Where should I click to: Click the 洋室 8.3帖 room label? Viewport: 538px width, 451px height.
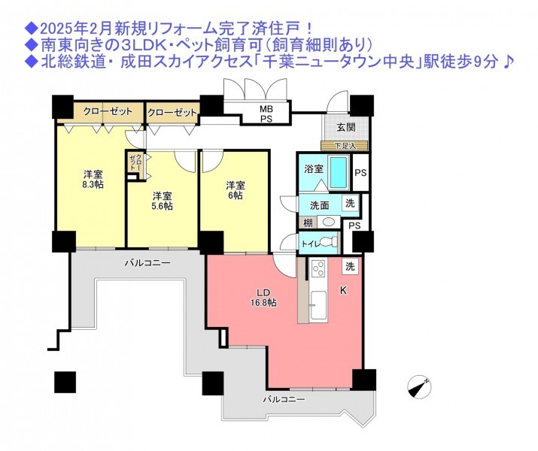pyautogui.click(x=93, y=179)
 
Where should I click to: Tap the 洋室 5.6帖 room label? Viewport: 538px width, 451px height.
pyautogui.click(x=163, y=201)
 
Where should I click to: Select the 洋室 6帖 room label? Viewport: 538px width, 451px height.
pyautogui.click(x=235, y=190)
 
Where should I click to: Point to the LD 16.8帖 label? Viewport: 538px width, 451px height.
pyautogui.click(x=263, y=298)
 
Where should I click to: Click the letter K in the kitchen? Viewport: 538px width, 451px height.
pyautogui.click(x=343, y=291)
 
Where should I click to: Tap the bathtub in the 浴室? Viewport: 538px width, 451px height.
pyautogui.click(x=339, y=172)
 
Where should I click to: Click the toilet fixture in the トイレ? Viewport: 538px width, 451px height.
pyautogui.click(x=330, y=243)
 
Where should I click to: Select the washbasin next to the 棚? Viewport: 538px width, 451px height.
pyautogui.click(x=328, y=222)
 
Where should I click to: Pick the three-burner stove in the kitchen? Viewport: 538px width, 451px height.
pyautogui.click(x=318, y=268)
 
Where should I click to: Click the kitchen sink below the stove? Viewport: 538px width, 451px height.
pyautogui.click(x=318, y=306)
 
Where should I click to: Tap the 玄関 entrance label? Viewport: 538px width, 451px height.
pyautogui.click(x=346, y=127)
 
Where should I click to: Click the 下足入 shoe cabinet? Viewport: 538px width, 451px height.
pyautogui.click(x=345, y=146)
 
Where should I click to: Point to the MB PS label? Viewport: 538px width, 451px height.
pyautogui.click(x=266, y=114)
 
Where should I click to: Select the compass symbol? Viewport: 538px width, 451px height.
pyautogui.click(x=419, y=388)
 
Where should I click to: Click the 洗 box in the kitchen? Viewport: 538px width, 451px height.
pyautogui.click(x=350, y=266)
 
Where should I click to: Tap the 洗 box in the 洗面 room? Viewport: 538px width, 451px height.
pyautogui.click(x=350, y=203)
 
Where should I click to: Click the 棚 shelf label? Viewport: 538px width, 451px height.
pyautogui.click(x=308, y=222)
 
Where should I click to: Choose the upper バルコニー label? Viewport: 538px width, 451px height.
pyautogui.click(x=147, y=263)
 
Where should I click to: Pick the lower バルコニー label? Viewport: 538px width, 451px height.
pyautogui.click(x=284, y=399)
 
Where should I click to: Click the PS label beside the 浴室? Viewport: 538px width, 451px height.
pyautogui.click(x=360, y=173)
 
